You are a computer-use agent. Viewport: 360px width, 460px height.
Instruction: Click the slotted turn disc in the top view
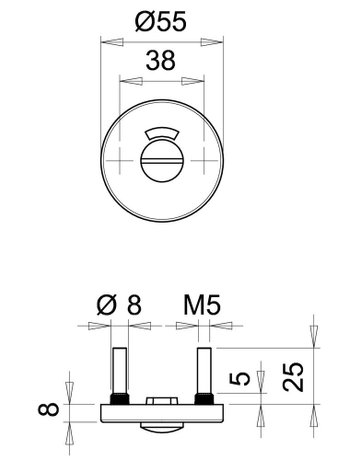tap(162, 160)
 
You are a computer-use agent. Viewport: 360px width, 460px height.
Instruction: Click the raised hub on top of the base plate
tap(162, 402)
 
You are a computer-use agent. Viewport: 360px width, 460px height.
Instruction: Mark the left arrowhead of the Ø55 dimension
tap(107, 42)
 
